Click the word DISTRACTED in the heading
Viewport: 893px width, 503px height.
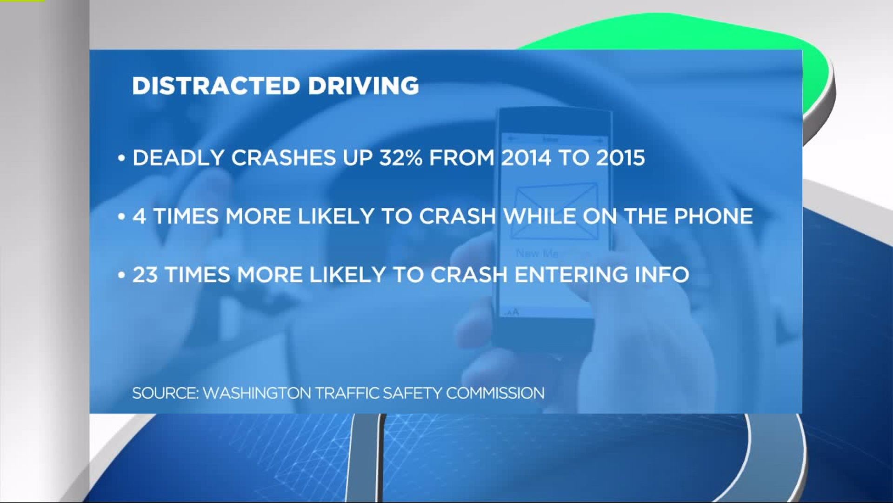216,86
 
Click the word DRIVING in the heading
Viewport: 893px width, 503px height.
363,86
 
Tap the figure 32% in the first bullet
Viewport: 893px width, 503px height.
400,158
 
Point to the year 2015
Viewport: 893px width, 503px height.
620,158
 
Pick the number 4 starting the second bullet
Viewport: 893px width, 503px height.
139,217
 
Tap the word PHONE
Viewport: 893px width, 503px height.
713,217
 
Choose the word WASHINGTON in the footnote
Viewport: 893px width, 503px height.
257,393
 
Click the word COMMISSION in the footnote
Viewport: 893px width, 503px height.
495,393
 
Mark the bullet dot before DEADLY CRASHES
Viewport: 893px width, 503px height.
122,159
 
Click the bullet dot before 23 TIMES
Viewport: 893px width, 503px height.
122,276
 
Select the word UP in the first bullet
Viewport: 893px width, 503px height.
358,158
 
